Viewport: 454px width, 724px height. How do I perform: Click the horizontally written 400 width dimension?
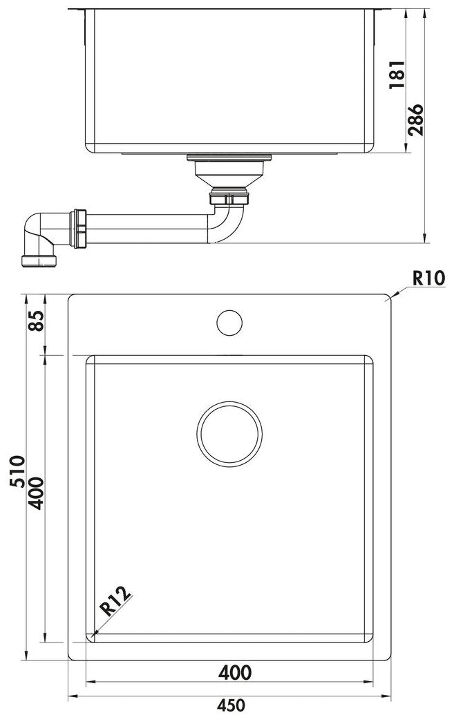[x=234, y=671]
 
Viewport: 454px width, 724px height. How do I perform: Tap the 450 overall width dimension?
[x=231, y=705]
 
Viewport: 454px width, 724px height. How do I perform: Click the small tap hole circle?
[x=229, y=323]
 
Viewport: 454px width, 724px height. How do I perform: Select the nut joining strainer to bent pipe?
[x=228, y=198]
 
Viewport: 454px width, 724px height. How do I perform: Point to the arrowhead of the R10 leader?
[x=391, y=297]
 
